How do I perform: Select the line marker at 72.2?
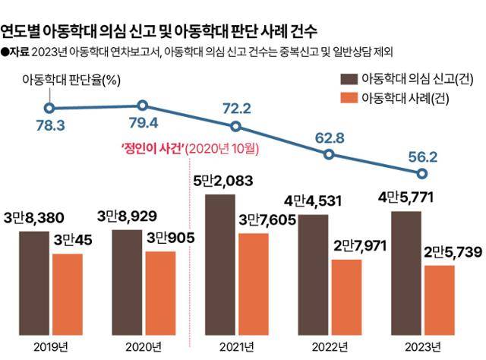tap(236, 127)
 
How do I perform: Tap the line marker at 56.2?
tap(422, 173)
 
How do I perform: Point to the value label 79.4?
tap(142, 122)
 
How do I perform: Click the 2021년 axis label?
tap(236, 346)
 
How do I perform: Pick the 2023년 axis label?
tap(422, 346)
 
